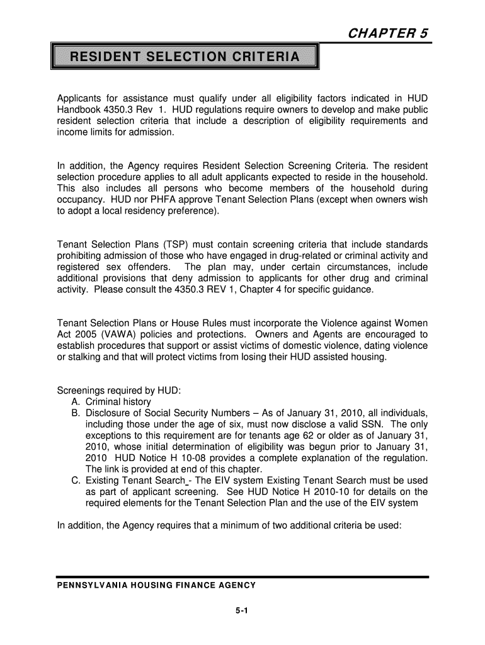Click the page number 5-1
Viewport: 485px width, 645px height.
243,610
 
